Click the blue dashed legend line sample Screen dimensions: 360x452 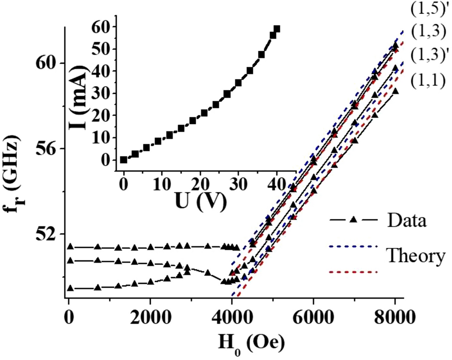tap(354, 247)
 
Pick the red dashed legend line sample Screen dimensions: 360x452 tap(354, 272)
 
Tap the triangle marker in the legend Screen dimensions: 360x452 tap(353, 220)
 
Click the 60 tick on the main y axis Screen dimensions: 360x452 tap(47, 63)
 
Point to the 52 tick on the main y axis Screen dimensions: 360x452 tap(47, 234)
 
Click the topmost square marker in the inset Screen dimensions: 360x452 tap(276, 29)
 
